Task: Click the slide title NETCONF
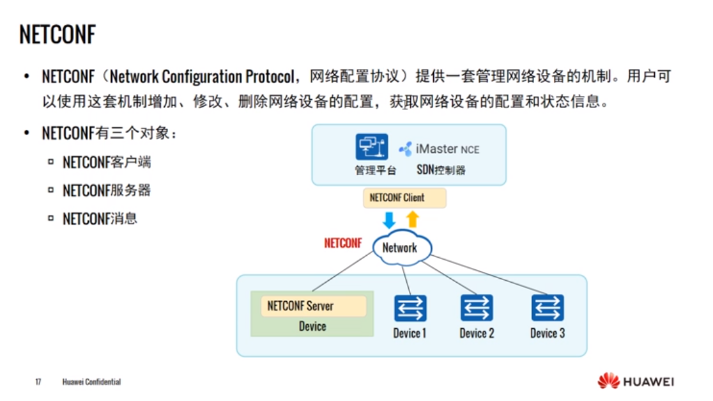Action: (x=57, y=35)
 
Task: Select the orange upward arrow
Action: (x=413, y=219)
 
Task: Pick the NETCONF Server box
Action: (x=313, y=306)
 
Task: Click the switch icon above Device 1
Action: (x=410, y=308)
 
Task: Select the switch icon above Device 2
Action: (x=477, y=308)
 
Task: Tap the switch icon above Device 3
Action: (x=548, y=308)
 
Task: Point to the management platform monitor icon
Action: (x=372, y=147)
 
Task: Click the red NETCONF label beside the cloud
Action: (x=343, y=244)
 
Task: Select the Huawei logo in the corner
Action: (x=636, y=381)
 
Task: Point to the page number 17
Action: (x=38, y=382)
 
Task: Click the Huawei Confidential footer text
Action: (x=91, y=382)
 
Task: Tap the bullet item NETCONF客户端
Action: (x=107, y=162)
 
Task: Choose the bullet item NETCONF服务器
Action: (x=107, y=191)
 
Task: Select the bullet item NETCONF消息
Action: (x=100, y=219)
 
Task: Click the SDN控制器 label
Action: (x=441, y=170)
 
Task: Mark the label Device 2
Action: (x=477, y=333)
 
